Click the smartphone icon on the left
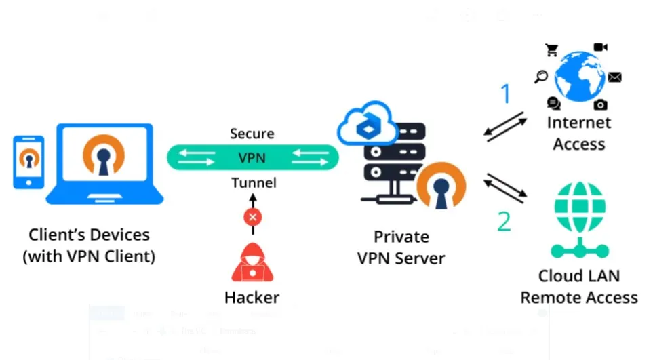coord(28,162)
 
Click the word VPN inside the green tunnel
coord(252,158)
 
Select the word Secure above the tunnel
coord(252,134)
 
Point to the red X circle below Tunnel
coord(253,217)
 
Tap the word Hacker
coord(252,297)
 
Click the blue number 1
coord(504,95)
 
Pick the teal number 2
coord(503,221)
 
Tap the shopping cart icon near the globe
coord(551,49)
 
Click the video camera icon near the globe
coord(600,47)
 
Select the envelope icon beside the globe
coord(614,77)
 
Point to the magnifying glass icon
coord(541,77)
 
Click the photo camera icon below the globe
coord(600,104)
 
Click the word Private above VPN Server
coord(401,237)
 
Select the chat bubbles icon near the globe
coord(554,104)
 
